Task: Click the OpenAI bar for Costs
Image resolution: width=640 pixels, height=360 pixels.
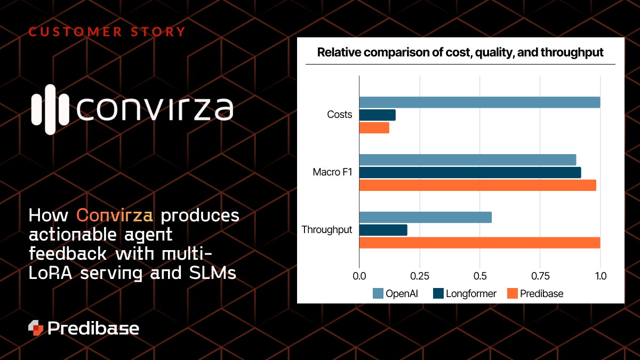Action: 479,102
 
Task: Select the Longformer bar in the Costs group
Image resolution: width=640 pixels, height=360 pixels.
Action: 378,115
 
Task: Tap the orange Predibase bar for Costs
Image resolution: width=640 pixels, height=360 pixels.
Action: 374,128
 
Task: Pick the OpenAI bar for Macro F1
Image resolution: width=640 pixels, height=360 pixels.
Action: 468,159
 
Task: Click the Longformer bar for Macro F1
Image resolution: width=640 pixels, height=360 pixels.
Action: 470,172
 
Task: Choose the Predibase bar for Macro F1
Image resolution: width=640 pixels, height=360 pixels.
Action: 477,185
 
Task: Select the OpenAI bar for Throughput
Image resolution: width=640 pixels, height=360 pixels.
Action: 426,217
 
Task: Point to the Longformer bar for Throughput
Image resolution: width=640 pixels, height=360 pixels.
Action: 383,230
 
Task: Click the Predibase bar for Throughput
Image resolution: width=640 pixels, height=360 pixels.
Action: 479,243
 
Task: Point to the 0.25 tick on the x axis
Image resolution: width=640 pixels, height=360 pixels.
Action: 420,277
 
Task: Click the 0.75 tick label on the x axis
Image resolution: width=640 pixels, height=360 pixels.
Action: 540,277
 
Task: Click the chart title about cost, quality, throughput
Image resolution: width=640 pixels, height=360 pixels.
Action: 460,52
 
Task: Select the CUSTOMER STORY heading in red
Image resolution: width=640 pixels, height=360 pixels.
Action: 107,32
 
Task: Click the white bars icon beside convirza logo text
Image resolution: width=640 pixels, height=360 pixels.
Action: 50,109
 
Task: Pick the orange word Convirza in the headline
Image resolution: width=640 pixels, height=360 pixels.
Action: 115,215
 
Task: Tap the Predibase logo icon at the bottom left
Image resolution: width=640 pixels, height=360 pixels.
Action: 36,328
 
